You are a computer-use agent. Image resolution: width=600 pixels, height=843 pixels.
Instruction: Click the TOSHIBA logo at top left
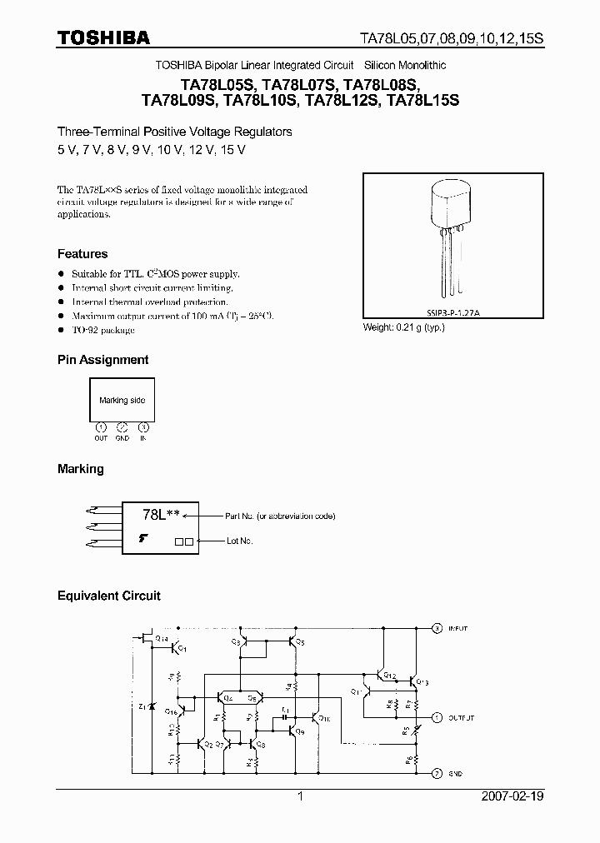pos(103,37)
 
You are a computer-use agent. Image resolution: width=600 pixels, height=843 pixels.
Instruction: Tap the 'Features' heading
pos(82,254)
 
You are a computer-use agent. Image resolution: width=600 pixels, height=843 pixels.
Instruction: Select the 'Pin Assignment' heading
pos(102,360)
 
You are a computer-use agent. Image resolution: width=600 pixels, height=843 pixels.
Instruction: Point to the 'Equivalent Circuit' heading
pos(108,596)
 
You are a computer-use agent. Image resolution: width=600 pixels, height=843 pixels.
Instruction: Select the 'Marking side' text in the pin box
pos(122,401)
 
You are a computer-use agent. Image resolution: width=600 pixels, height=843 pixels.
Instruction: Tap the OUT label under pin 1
pos(101,438)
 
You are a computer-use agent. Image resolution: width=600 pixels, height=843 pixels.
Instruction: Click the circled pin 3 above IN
pos(143,426)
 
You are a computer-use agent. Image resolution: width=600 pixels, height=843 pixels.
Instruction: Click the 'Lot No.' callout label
pos(240,541)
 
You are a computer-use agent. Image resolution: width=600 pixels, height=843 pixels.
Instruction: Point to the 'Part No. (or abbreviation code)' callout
pos(281,516)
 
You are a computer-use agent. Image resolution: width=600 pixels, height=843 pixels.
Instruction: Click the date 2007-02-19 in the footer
pos(512,796)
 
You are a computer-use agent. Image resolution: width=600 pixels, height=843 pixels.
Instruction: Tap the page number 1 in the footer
pos(300,796)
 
